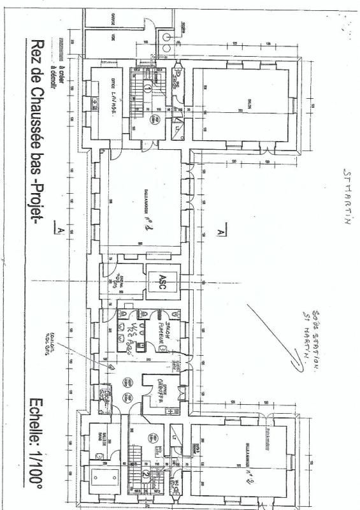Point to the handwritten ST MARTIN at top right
(x=347, y=198)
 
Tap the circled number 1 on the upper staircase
(x=147, y=89)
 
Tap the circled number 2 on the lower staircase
(x=145, y=473)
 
